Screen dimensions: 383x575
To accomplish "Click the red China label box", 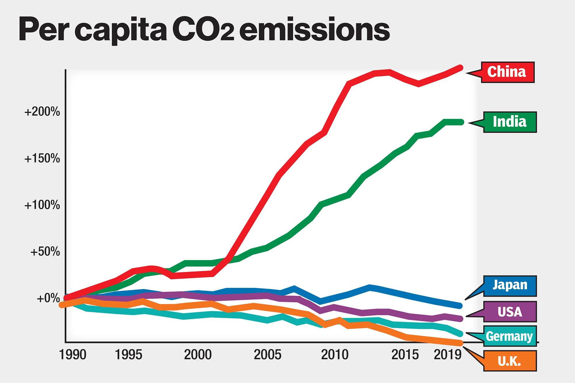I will [x=507, y=72].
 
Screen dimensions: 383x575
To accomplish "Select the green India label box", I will [x=510, y=122].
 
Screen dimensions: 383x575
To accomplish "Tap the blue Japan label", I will [x=510, y=286].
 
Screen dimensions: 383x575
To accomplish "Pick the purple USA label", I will [x=510, y=312].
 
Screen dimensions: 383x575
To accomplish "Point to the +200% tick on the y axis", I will [x=42, y=112].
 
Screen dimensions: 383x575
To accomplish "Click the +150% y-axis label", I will [x=42, y=158].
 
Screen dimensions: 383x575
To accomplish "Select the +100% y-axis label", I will [x=42, y=205].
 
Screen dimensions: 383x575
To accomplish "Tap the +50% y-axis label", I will [x=45, y=252].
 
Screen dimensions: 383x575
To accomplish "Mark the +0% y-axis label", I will [x=48, y=298].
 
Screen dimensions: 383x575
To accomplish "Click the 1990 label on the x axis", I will [x=72, y=355].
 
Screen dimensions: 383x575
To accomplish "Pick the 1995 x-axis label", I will [x=129, y=355].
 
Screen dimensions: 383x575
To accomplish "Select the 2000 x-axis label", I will [x=198, y=355].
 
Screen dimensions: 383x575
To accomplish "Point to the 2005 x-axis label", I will [x=267, y=355].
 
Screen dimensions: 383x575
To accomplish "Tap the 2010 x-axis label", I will [x=335, y=355].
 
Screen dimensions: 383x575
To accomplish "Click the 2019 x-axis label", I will [x=447, y=355].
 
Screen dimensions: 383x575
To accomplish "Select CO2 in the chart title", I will [x=203, y=30].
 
